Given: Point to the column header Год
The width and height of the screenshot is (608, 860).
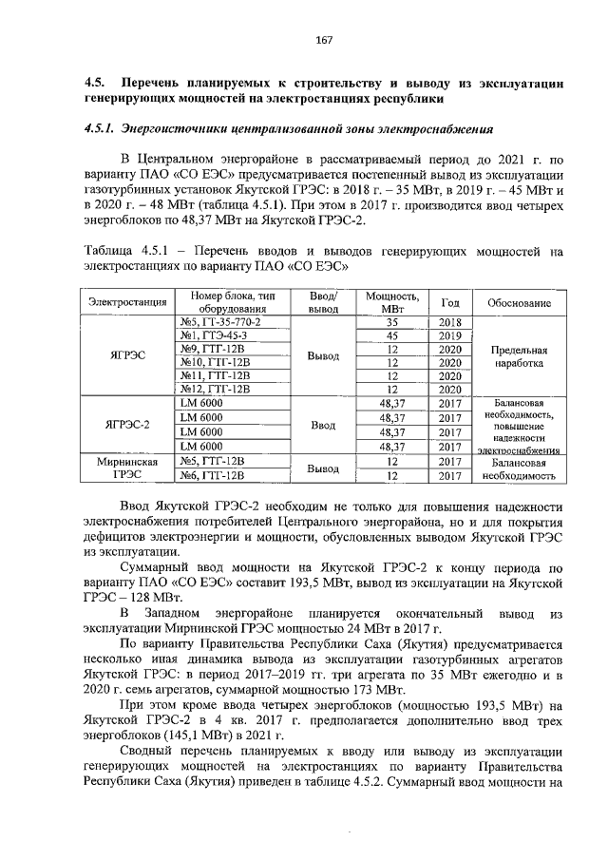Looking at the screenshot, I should pos(449,301).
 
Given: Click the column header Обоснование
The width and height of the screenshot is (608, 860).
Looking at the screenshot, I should pos(519,302).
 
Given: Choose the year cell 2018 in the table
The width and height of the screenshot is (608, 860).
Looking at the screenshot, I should pos(449,322).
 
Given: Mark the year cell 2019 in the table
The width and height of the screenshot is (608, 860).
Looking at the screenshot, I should pos(449,335).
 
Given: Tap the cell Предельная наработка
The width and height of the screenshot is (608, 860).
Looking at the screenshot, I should pos(519,356).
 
